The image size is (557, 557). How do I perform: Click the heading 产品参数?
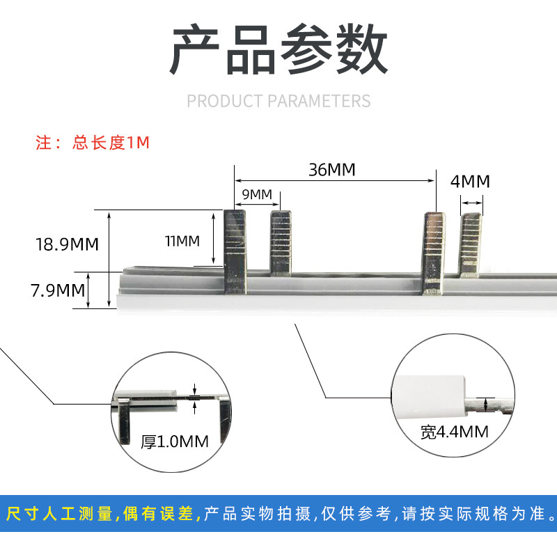278,50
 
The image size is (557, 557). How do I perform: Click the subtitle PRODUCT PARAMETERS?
278,101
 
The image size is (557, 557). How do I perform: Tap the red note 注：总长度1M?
93,143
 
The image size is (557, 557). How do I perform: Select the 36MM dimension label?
332,169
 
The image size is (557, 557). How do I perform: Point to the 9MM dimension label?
256,194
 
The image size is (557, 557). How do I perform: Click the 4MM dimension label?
470,182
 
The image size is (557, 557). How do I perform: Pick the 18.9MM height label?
66,244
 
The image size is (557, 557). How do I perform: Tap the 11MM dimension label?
182,242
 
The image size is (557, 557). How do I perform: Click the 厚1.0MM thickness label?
174,440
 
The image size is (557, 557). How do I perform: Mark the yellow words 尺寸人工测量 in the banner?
58,515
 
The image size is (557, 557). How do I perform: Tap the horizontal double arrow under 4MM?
471,203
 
